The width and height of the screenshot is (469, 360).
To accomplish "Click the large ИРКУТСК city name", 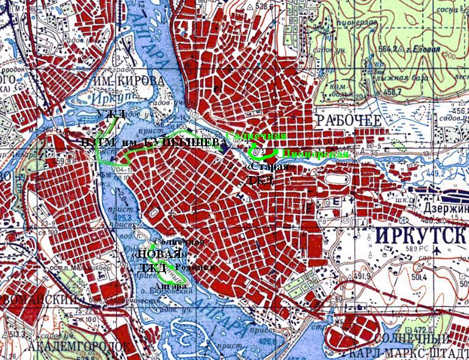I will [x=416, y=234].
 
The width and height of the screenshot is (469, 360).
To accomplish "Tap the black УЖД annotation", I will [x=111, y=114].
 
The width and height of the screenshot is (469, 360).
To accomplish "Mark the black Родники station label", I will [x=194, y=268].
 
